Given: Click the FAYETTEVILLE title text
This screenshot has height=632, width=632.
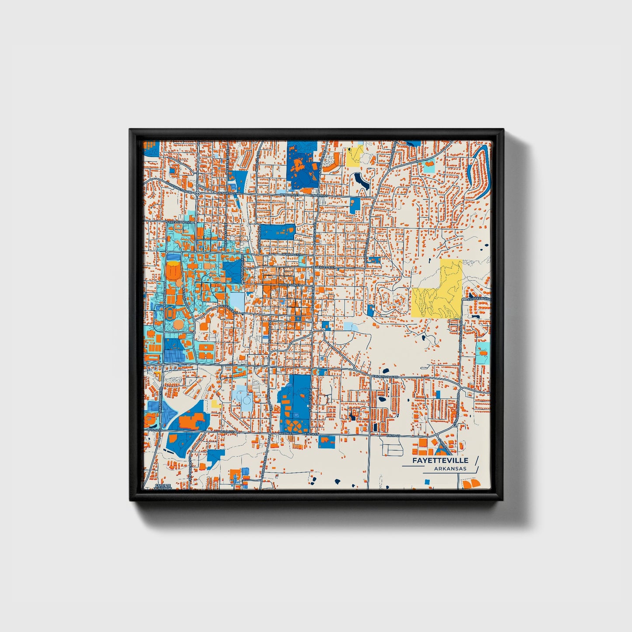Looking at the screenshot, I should tap(440, 461).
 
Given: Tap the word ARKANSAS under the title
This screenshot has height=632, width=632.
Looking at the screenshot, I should tap(450, 468).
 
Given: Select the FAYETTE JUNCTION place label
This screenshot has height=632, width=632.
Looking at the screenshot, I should tap(163, 487).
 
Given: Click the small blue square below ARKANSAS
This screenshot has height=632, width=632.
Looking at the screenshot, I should tap(426, 482).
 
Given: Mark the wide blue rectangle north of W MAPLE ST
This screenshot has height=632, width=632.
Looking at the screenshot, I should tap(278, 231).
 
